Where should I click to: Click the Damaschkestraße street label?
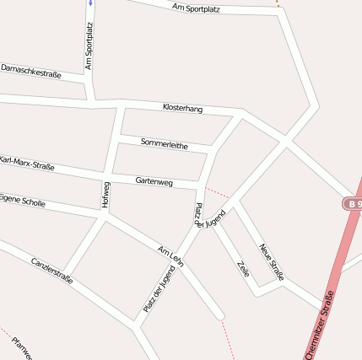coord(31,71)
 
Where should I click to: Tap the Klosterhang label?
coord(182,109)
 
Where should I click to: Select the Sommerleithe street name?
coord(165,144)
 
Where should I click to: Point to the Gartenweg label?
coord(154,181)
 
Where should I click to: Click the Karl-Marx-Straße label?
coord(26,163)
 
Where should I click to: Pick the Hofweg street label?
coord(105,195)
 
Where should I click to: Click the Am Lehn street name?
coord(170,255)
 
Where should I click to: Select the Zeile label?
coord(243,270)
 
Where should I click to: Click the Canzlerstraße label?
coord(51,270)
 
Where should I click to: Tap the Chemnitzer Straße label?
coord(319,325)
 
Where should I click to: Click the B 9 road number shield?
coord(353,204)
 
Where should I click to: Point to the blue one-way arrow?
coord(89,3)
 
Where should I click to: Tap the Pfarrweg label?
coord(22,347)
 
